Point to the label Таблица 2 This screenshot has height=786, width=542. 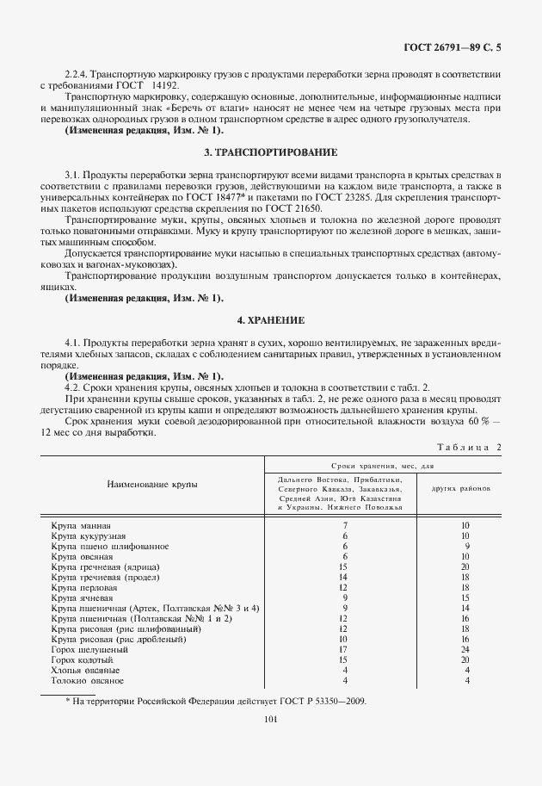click(x=468, y=447)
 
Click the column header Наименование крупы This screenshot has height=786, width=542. click(x=151, y=484)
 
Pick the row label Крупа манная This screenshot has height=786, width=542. click(x=80, y=524)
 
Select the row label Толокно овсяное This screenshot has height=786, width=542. click(x=87, y=680)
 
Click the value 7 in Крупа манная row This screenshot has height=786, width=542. click(x=344, y=524)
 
